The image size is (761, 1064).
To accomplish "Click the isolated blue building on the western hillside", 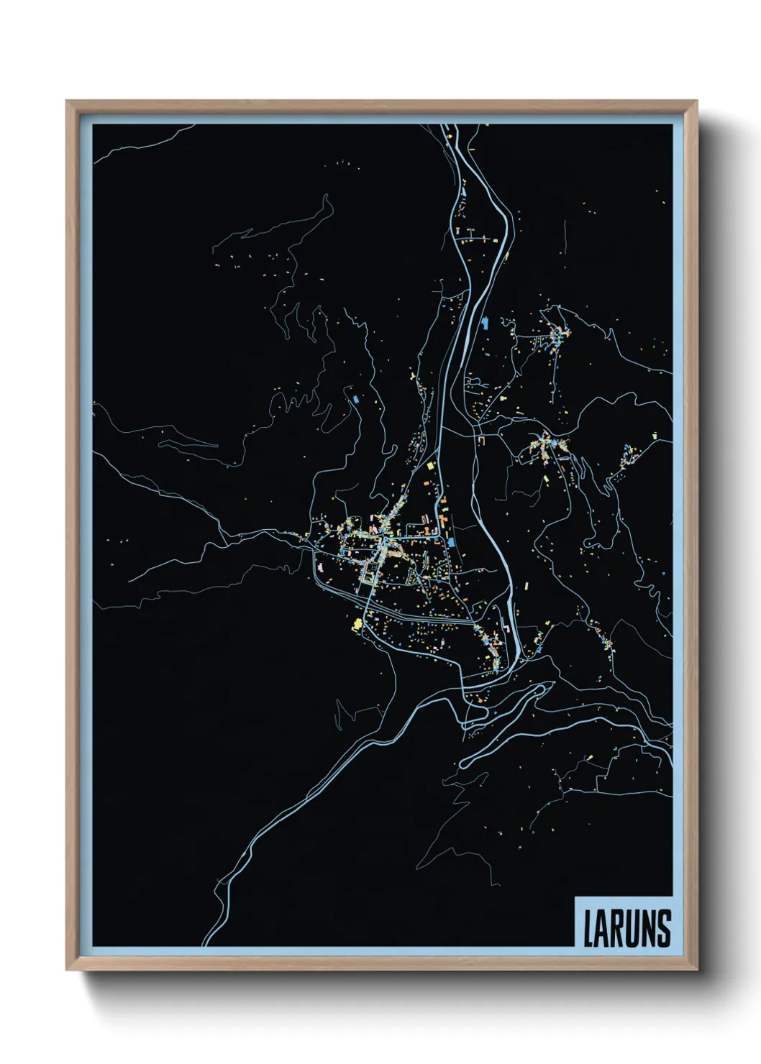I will point(355,398).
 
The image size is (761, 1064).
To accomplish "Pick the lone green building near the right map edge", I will point(655,434).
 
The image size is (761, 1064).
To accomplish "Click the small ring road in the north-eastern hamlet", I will point(556,332).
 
